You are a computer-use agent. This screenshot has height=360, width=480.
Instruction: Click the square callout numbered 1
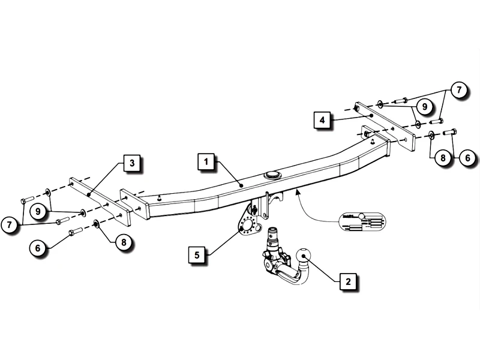click(x=206, y=162)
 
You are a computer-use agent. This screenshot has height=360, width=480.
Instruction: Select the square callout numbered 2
click(x=347, y=280)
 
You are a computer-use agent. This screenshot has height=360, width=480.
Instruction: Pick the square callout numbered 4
click(x=322, y=120)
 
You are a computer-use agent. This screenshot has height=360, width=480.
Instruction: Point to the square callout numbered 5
click(x=197, y=254)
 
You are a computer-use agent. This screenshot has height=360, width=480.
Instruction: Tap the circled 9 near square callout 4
click(x=424, y=107)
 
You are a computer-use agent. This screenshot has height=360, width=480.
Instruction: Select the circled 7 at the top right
click(x=458, y=90)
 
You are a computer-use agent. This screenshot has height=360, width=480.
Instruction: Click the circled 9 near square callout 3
click(x=37, y=211)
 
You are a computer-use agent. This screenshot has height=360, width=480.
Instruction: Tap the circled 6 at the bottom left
click(x=37, y=246)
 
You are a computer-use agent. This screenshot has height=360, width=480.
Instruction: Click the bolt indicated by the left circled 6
click(x=75, y=231)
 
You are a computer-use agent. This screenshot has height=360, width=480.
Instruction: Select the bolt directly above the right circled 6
click(x=453, y=133)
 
